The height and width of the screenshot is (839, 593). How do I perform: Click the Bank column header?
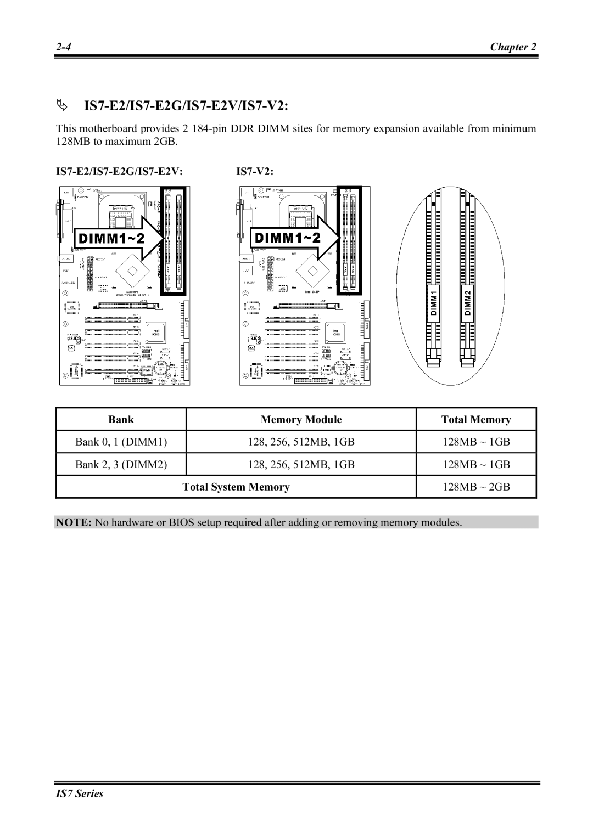[121, 420]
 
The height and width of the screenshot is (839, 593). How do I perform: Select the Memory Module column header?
[301, 420]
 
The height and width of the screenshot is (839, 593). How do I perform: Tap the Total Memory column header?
[476, 420]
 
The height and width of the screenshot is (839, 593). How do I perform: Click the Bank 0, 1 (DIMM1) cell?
[121, 442]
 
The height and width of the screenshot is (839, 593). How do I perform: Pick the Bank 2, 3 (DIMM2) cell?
[121, 464]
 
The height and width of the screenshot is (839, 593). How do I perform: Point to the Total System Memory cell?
[236, 487]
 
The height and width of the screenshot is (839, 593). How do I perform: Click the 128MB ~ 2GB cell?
[476, 487]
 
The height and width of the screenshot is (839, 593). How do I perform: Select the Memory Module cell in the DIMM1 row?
[301, 442]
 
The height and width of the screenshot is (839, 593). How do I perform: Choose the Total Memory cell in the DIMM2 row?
[476, 464]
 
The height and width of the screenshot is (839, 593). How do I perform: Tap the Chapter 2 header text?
[512, 46]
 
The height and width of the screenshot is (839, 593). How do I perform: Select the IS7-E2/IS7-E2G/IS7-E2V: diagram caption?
[119, 172]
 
